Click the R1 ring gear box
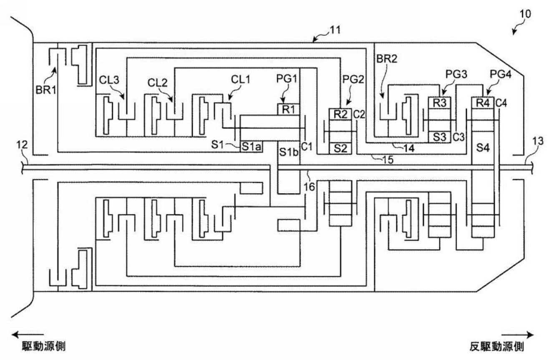tap(289, 109)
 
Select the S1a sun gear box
tap(251, 147)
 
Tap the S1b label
tap(289, 153)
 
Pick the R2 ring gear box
tap(340, 114)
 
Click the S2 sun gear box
tap(340, 149)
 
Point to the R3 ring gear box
tap(440, 103)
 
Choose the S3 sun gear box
tap(440, 137)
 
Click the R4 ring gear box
tap(483, 103)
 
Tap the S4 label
tap(483, 148)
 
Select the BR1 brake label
tap(46, 90)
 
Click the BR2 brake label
tap(387, 59)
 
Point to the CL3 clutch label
tap(109, 80)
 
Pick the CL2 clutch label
tap(157, 83)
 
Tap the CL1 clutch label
tap(241, 80)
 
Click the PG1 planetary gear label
tap(287, 79)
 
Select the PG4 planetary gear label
tap(501, 74)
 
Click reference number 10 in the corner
tap(525, 14)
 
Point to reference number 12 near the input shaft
tap(22, 145)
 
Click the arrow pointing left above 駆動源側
tap(28, 335)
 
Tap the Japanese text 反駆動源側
tap(497, 347)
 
